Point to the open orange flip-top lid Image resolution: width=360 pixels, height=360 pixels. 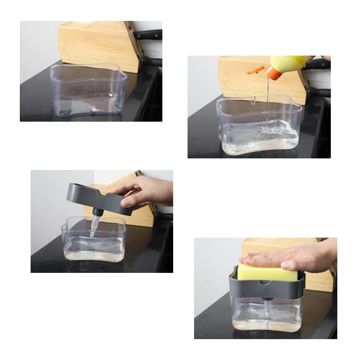click(255, 70)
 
